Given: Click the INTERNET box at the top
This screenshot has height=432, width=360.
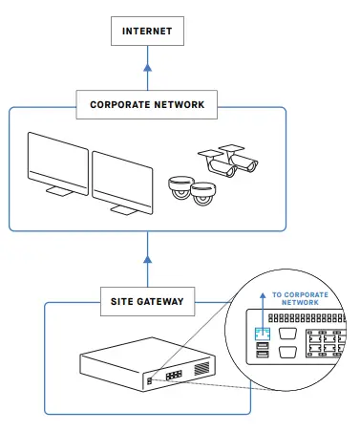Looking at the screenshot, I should click(x=147, y=31).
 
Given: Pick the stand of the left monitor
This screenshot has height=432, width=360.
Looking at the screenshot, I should click(x=59, y=193).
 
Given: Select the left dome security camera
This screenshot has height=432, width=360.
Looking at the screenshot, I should click(x=180, y=186).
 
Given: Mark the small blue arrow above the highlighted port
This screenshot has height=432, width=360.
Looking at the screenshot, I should click(x=263, y=315).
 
